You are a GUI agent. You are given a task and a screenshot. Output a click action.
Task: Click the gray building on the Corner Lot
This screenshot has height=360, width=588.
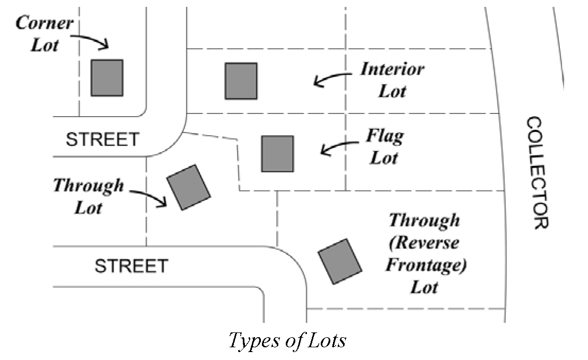[107, 77]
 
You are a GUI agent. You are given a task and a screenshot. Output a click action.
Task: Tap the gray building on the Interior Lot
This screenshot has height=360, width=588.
[241, 81]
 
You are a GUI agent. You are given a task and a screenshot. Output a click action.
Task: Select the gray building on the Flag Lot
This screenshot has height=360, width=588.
[277, 154]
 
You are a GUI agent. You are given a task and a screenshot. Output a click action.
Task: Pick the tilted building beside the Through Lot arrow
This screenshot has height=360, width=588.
[189, 187]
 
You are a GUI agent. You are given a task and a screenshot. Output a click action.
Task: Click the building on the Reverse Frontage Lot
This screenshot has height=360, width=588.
[340, 261]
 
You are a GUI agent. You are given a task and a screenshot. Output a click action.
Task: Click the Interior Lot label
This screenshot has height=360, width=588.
[392, 80]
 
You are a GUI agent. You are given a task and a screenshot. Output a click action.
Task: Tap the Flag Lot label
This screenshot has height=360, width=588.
[384, 146]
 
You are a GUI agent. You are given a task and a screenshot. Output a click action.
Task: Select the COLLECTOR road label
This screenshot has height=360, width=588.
[537, 173]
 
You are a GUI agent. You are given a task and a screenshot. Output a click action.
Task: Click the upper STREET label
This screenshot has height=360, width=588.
[102, 139]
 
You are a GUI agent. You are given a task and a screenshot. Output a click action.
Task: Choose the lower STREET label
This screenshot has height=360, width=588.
[131, 265]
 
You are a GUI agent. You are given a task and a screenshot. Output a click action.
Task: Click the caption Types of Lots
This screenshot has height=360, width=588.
[287, 340]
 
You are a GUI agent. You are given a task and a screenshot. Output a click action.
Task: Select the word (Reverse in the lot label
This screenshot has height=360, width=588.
[424, 243]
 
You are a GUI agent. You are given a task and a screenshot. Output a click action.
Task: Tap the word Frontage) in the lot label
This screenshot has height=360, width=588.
[425, 265]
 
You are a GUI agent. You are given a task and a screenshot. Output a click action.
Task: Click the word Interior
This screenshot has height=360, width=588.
[392, 69]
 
